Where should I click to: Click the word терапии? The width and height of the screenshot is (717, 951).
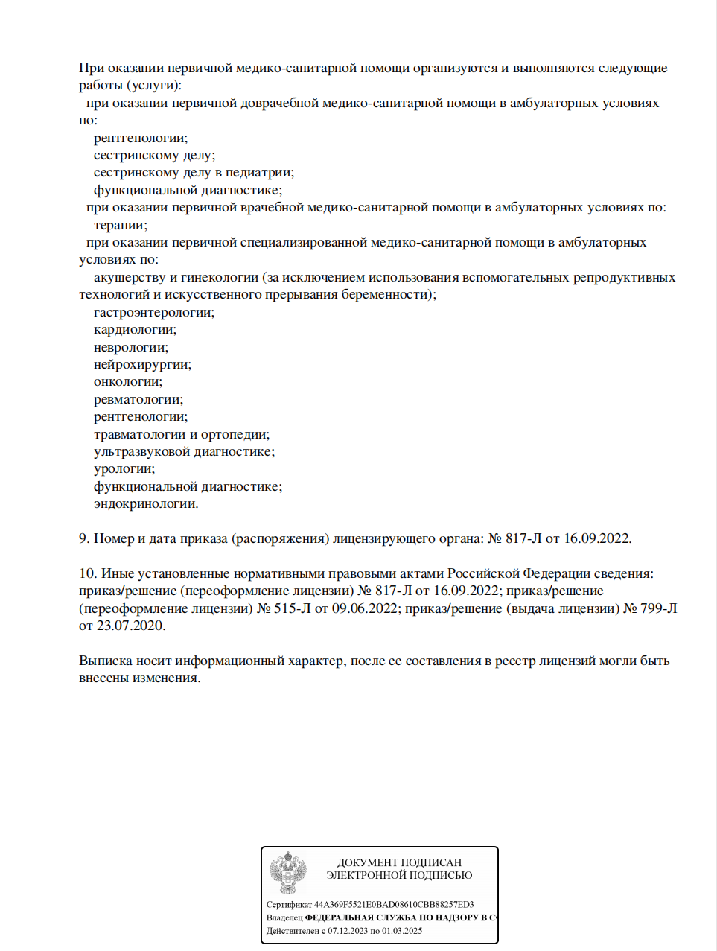pos(120,225)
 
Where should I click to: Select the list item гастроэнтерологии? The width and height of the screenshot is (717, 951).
pos(153,312)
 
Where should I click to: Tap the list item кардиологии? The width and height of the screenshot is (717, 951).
pos(135,329)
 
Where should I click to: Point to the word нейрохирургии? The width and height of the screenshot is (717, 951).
pos(142,364)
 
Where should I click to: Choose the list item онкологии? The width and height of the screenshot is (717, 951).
pos(127,381)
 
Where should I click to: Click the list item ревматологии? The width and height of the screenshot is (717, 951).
pos(138,399)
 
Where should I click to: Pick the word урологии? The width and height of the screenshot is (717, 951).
pos(124,468)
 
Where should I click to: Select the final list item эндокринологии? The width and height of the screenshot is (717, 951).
pos(146,503)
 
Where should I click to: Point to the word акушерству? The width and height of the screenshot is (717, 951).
pos(130,277)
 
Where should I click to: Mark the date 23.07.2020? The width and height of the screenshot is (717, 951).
pos(131,626)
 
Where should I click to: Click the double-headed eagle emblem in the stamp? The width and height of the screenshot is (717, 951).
pos(287,873)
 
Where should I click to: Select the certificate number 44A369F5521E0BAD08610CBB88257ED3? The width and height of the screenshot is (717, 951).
pos(394,905)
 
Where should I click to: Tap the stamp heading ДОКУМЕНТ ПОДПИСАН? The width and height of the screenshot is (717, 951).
pos(399,862)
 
